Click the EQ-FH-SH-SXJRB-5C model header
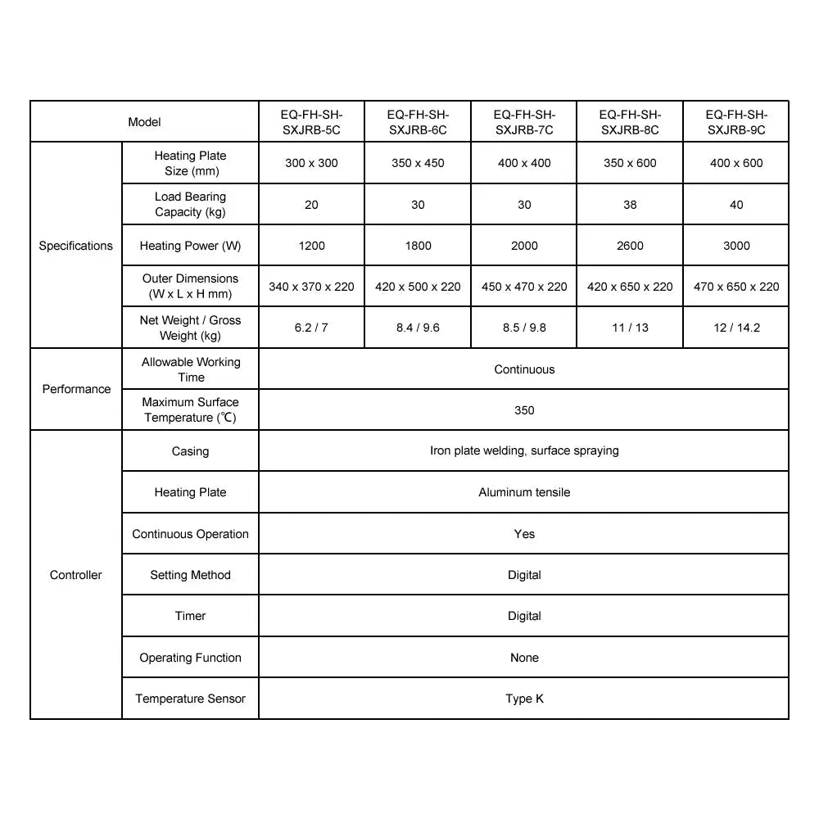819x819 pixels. tap(311, 122)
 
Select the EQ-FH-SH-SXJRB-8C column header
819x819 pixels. tap(630, 122)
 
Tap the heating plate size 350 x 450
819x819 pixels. tap(418, 163)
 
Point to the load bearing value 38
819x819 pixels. tap(630, 205)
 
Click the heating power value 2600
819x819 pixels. tap(630, 246)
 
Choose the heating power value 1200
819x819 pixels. tap(311, 246)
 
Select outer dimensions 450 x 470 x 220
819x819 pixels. tap(524, 287)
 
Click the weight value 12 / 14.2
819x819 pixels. tap(736, 328)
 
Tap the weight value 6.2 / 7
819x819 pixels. tap(311, 328)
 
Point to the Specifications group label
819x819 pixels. tap(76, 246)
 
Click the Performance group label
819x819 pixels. tap(76, 389)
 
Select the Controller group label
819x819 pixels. tap(76, 575)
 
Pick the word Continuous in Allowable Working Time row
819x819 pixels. tap(524, 369)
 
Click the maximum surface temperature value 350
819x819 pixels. tap(524, 410)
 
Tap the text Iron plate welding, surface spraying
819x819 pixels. tap(524, 450)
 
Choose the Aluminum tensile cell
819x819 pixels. tap(524, 492)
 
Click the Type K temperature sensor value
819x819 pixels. tap(524, 699)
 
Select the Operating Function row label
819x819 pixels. tap(190, 658)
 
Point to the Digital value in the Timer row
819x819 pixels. tap(524, 616)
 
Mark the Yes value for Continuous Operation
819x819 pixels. tap(524, 534)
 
